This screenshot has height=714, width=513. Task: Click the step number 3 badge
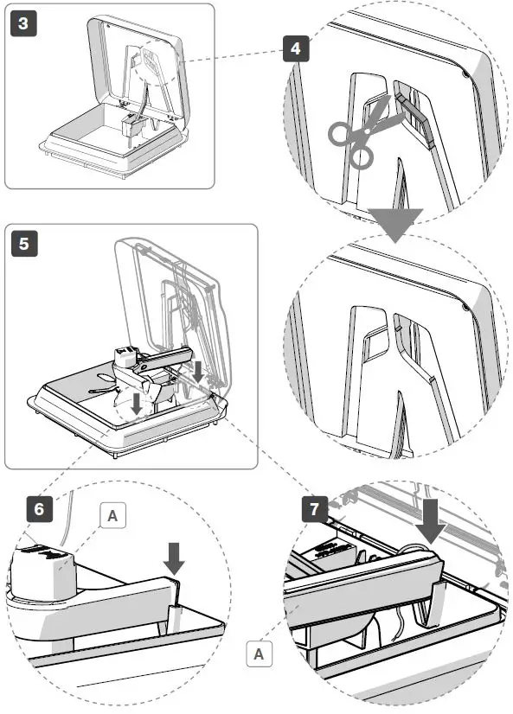(23, 23)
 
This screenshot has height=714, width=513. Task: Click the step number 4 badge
(296, 48)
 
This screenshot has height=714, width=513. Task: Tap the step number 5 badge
(24, 243)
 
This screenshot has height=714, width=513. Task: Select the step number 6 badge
(39, 508)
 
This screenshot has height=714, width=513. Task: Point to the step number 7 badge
(315, 509)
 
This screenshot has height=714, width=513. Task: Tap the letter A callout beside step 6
(112, 515)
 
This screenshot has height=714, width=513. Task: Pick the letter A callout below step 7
(259, 653)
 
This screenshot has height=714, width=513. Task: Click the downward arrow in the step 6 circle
(174, 558)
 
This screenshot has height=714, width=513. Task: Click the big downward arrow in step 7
(430, 520)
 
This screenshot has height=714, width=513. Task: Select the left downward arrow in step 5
(136, 404)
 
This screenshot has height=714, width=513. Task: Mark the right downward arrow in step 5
(197, 372)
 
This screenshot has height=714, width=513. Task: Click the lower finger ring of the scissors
(362, 157)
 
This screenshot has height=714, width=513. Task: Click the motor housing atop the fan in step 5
(126, 358)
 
